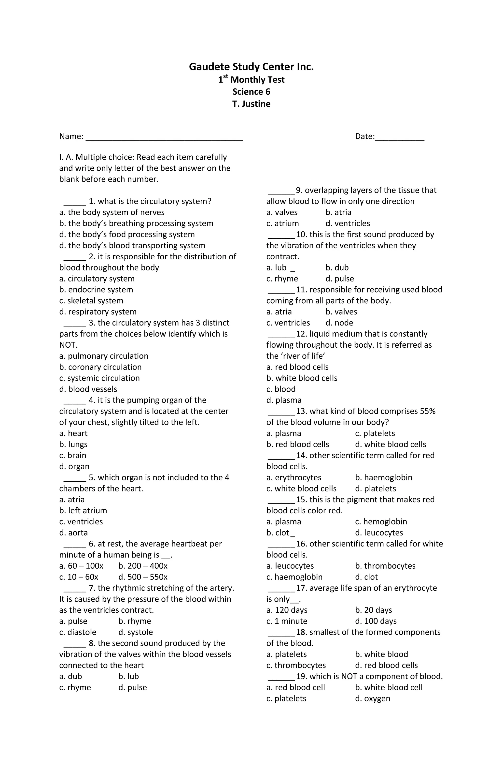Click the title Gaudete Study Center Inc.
click(251, 67)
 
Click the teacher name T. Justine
click(251, 104)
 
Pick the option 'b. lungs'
click(73, 444)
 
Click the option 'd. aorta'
click(73, 533)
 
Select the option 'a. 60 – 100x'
click(81, 566)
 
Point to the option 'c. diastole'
click(78, 632)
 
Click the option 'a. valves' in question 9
click(282, 213)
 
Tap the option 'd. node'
click(339, 323)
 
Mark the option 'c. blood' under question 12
click(281, 389)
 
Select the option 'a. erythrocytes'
click(294, 477)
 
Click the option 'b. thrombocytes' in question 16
click(385, 566)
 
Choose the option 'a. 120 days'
click(287, 610)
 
